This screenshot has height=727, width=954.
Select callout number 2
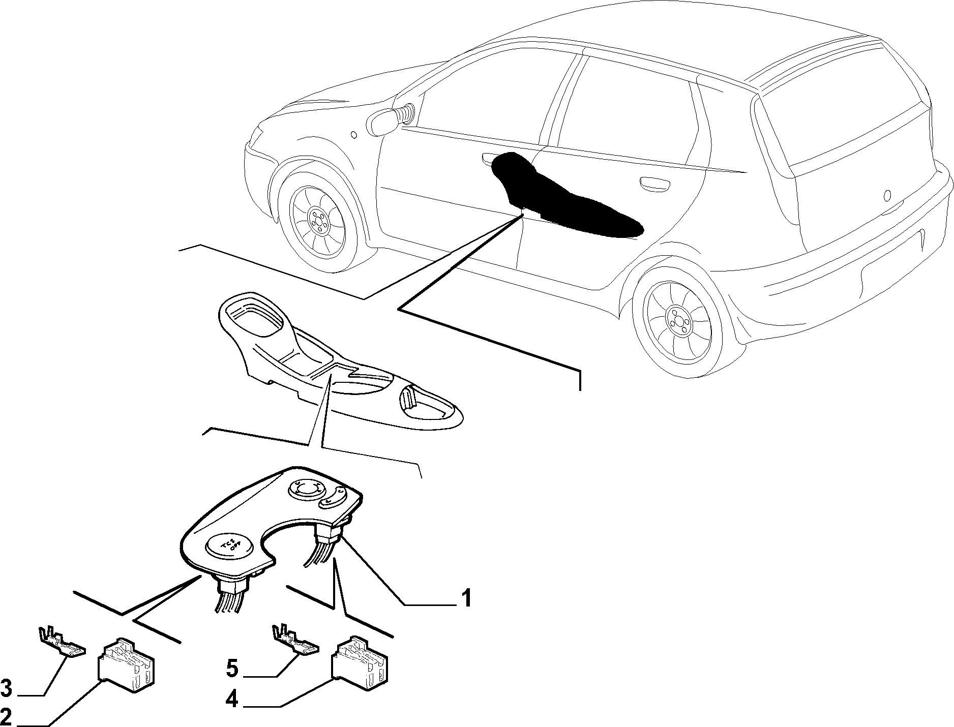pyautogui.click(x=6, y=717)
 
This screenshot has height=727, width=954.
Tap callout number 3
pyautogui.click(x=6, y=690)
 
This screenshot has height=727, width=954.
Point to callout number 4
pyautogui.click(x=232, y=701)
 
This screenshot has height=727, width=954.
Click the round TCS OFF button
pyautogui.click(x=227, y=547)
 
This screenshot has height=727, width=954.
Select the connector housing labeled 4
pyautogui.click(x=360, y=663)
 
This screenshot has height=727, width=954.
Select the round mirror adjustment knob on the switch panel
pyautogui.click(x=306, y=489)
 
